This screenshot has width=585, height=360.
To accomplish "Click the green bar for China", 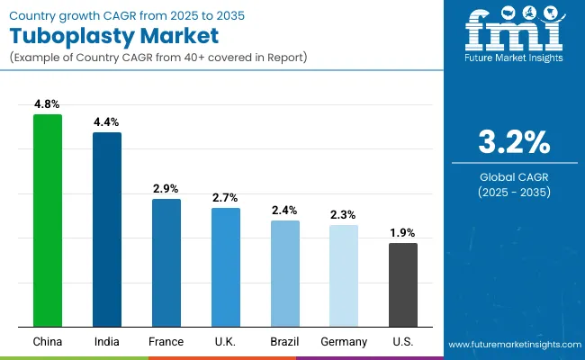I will click(47, 220).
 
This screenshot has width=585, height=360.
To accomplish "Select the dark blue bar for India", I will click(106, 229).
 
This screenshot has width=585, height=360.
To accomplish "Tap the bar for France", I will click(166, 262).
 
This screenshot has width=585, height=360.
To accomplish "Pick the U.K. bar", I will click(225, 266).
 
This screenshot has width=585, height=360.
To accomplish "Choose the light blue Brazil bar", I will click(284, 273).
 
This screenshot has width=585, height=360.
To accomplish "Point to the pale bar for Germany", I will click(344, 275).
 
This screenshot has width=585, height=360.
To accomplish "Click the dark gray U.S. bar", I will click(403, 284).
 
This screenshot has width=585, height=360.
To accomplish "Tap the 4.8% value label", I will click(47, 105).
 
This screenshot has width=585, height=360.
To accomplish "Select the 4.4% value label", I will click(106, 122).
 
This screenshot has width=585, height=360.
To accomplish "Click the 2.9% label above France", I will click(166, 189).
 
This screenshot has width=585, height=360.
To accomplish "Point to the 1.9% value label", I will click(403, 233).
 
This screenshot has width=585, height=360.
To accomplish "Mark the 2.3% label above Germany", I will click(344, 215).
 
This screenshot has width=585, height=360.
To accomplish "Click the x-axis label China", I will click(47, 342).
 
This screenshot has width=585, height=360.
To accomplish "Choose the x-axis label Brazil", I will click(284, 342).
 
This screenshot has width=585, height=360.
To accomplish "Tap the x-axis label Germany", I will click(344, 342).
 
